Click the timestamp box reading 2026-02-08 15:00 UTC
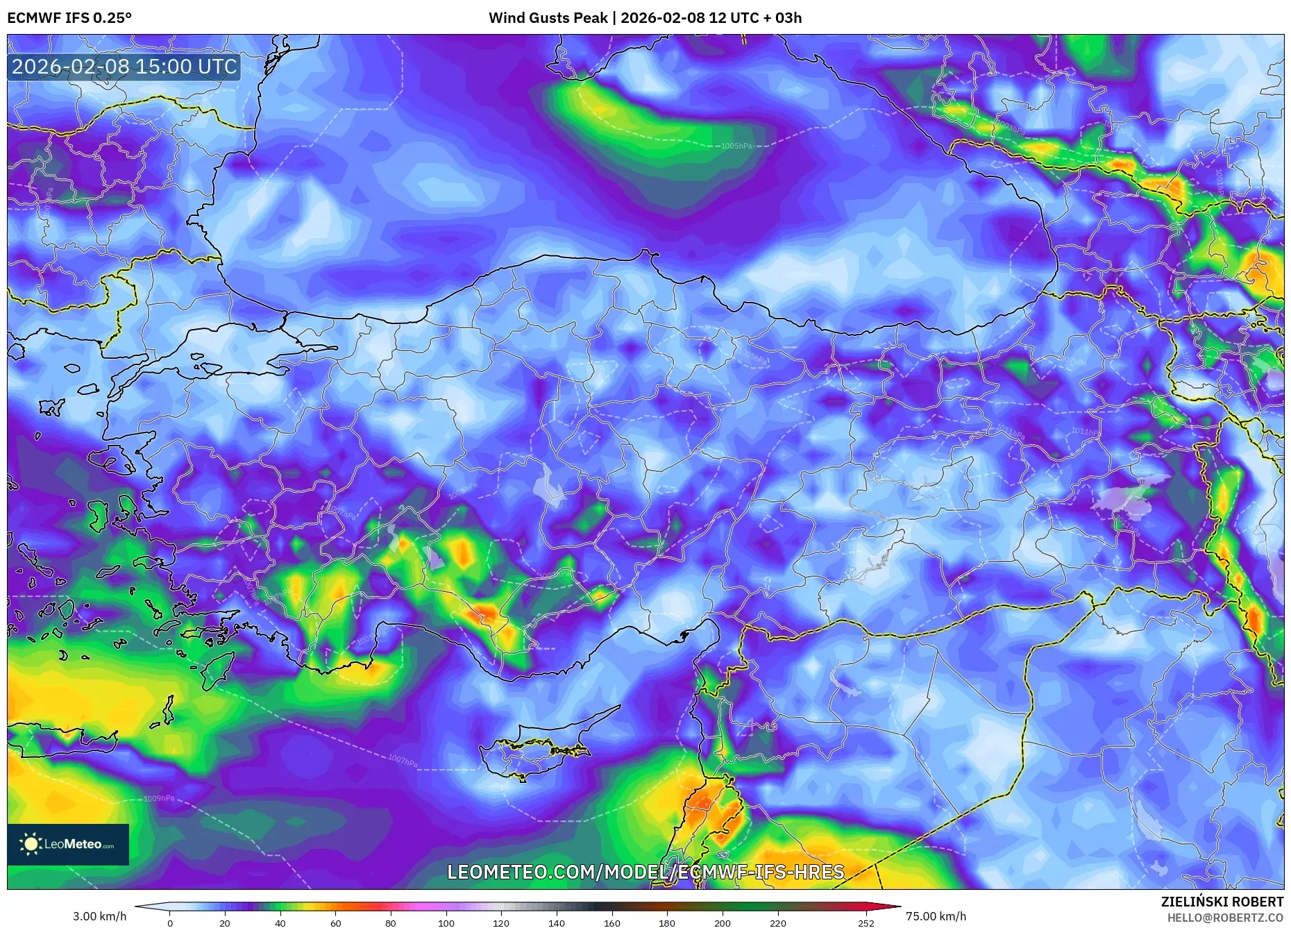click(x=124, y=67)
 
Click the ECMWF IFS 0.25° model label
click(x=69, y=18)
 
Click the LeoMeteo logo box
click(x=68, y=844)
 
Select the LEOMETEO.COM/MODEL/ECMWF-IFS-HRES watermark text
click(x=645, y=872)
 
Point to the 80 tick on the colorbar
click(x=391, y=923)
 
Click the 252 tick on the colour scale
click(x=866, y=923)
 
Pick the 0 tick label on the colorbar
click(x=169, y=923)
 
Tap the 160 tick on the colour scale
click(x=611, y=923)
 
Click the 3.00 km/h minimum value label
click(x=99, y=916)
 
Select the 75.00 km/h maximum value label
click(x=936, y=916)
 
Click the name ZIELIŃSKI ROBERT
click(x=1222, y=902)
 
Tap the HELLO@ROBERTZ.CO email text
click(x=1225, y=918)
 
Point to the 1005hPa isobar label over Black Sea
click(x=736, y=146)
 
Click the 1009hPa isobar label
click(x=159, y=799)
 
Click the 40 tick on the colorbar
click(x=280, y=923)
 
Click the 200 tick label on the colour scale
click(x=722, y=923)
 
